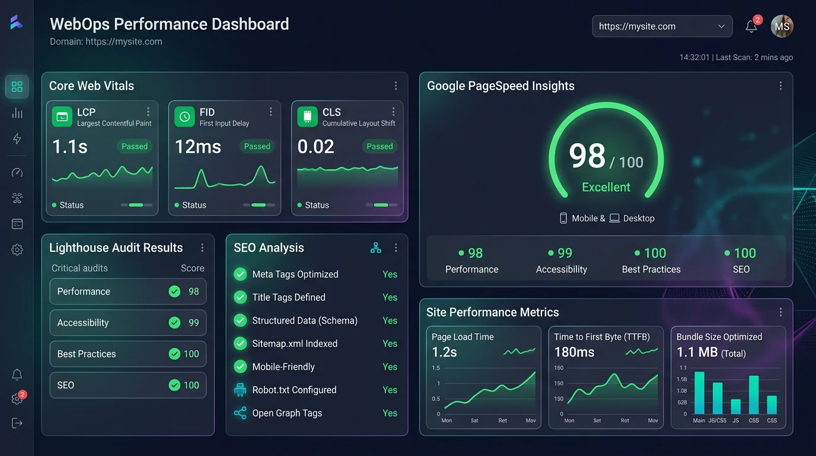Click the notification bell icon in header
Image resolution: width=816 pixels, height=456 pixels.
[751, 27]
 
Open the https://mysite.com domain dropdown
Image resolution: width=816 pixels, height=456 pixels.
[662, 26]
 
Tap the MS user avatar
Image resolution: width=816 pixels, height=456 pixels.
[782, 26]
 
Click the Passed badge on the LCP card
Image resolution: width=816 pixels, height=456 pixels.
[135, 147]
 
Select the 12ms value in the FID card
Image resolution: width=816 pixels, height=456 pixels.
[197, 147]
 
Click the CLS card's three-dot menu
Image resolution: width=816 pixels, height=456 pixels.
[393, 112]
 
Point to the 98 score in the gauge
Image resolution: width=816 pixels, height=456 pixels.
[587, 156]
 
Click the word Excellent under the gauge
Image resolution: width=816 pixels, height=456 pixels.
[605, 187]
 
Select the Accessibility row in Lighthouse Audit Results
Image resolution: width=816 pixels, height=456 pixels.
[128, 322]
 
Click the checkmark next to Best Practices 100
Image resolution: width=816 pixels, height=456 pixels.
[174, 354]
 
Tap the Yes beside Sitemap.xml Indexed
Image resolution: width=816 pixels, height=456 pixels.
[390, 344]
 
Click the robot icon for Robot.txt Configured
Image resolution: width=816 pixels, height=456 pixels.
[240, 390]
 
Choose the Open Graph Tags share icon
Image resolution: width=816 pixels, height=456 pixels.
[240, 413]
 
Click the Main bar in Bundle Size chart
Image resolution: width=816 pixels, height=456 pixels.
[699, 392]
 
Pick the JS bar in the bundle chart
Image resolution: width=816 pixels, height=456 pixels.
[735, 406]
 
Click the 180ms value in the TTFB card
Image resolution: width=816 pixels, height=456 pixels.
[574, 352]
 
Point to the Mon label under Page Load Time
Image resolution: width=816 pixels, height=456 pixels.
[447, 420]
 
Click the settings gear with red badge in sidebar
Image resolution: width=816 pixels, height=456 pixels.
[17, 399]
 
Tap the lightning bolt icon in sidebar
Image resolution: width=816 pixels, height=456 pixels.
[17, 139]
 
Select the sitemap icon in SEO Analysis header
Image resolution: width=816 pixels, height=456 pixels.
[375, 248]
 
